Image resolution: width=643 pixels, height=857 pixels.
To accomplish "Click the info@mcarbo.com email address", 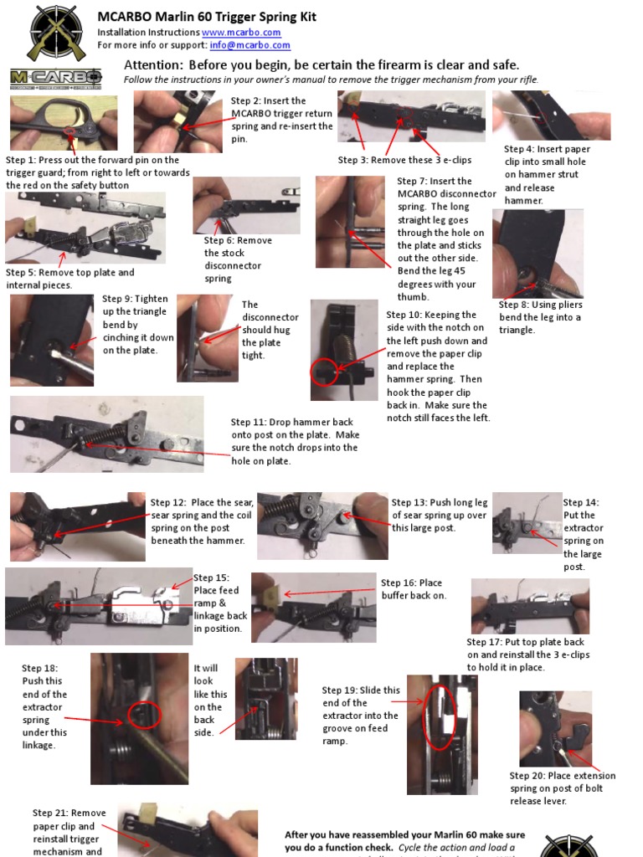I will tap(250, 45).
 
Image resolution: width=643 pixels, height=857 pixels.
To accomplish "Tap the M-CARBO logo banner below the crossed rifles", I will tap(56, 79).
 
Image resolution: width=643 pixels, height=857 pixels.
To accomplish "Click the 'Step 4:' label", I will tap(522, 149).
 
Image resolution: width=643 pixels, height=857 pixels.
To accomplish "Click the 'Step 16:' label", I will tap(399, 582).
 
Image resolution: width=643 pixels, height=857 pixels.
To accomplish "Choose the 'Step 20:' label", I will tap(527, 776).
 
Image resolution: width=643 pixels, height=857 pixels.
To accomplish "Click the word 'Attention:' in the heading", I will tap(153, 65).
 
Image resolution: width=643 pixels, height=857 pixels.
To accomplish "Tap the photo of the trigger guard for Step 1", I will tap(64, 123).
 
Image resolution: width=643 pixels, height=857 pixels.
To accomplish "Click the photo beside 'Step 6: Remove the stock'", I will tap(246, 204).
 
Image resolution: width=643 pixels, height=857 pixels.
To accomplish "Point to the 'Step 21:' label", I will tap(50, 813).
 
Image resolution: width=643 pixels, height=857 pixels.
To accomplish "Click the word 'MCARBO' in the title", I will tap(126, 17).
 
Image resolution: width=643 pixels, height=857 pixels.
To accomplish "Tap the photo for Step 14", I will tap(527, 523).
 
